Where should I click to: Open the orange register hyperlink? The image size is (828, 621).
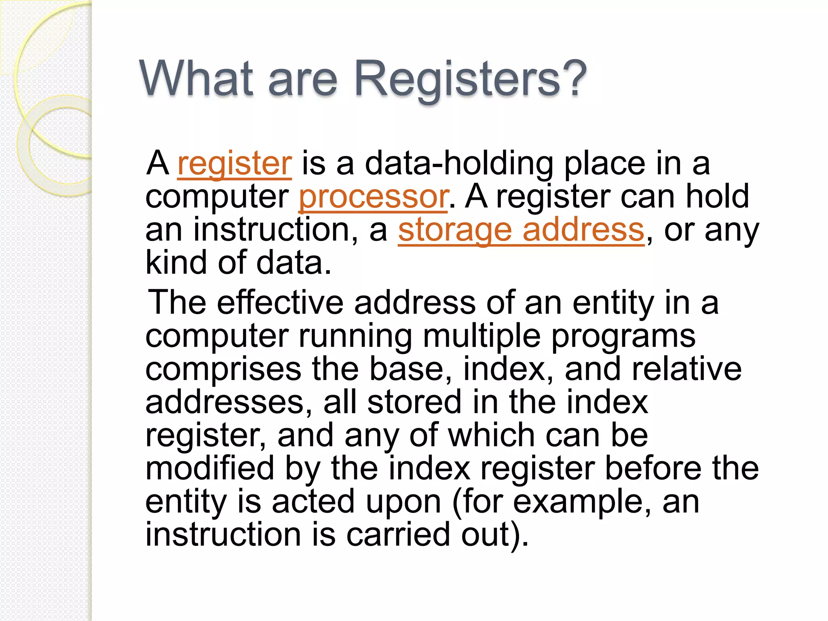(234, 164)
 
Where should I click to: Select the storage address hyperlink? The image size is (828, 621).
(521, 230)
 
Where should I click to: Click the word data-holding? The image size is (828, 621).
(459, 164)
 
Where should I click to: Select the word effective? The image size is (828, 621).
(280, 302)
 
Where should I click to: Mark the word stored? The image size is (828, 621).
(414, 402)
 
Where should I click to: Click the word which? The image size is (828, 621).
(492, 435)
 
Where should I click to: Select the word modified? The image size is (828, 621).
(210, 468)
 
